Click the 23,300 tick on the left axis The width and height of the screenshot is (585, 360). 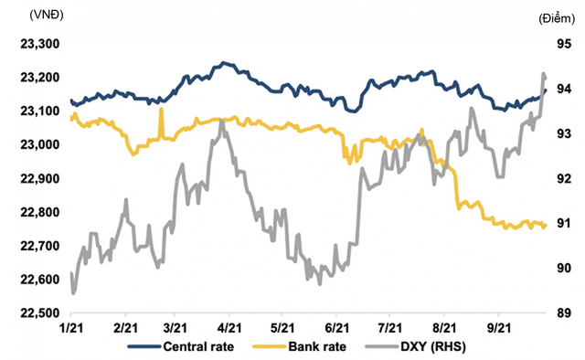pos(40,44)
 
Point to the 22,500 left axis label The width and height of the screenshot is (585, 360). pos(40,313)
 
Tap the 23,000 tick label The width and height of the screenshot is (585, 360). pos(40,144)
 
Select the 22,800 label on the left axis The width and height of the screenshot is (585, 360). pos(40,212)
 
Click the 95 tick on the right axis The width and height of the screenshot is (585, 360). pos(564,44)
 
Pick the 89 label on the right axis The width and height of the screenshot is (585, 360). pos(564,313)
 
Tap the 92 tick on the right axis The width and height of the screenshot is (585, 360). pos(564,178)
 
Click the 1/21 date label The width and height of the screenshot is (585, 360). pos(70,328)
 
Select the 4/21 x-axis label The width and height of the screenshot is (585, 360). pos(229,328)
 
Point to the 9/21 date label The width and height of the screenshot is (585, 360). pos(499,328)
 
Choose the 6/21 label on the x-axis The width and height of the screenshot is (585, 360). pos(336,328)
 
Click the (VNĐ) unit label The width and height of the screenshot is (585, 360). pos(47,15)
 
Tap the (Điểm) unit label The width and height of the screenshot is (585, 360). pos(557,18)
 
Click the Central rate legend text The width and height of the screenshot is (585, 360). pos(198,346)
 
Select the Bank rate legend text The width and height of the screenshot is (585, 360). pos(317,346)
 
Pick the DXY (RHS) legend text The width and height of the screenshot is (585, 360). pos(433,346)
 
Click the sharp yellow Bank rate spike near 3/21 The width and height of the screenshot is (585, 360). pos(161,109)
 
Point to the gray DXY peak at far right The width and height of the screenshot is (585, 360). pos(543,73)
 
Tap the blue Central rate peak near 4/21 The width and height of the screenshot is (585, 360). pos(223,63)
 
